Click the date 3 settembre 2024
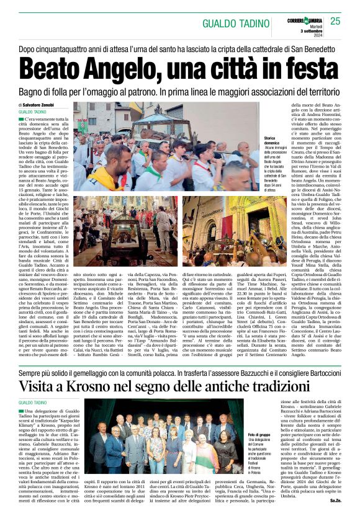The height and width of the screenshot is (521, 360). pos(303,30)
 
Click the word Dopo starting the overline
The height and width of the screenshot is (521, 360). pos(28,48)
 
